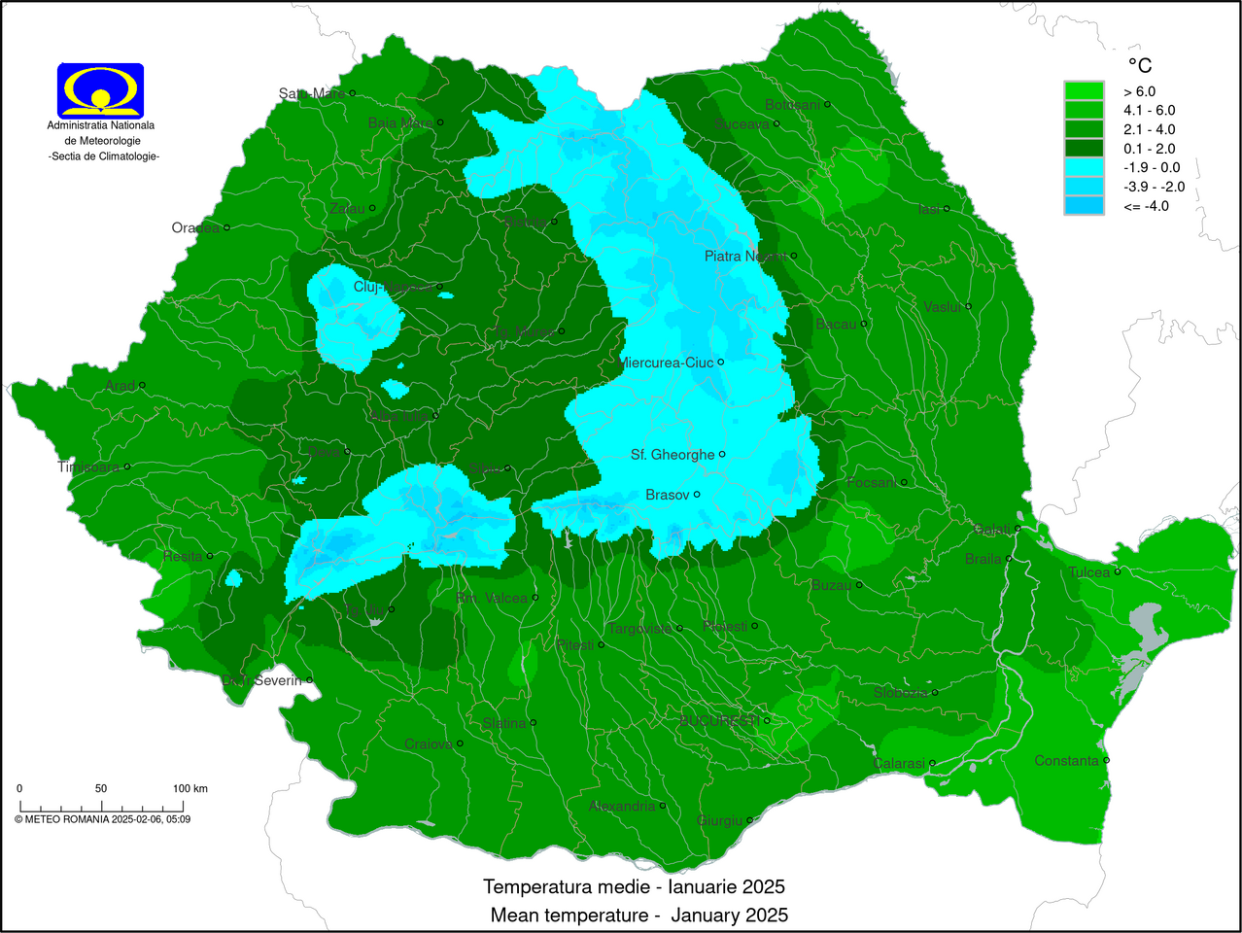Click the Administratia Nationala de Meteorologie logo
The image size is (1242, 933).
click(x=101, y=90)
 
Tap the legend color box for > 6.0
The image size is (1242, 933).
click(x=1084, y=91)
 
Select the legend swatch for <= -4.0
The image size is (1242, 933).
click(x=1084, y=206)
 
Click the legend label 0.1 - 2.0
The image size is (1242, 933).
click(x=1149, y=149)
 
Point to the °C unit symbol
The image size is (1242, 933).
click(x=1139, y=65)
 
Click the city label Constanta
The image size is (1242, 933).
click(x=1066, y=761)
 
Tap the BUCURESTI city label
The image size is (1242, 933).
click(x=719, y=720)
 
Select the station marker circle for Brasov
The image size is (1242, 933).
click(x=697, y=495)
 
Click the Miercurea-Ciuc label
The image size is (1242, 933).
click(x=666, y=363)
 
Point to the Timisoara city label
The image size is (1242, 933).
click(x=88, y=467)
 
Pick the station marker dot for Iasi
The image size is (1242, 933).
click(x=947, y=209)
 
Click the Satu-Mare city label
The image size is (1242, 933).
click(x=312, y=94)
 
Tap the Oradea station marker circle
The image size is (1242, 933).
click(x=226, y=227)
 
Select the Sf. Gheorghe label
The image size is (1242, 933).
click(x=673, y=455)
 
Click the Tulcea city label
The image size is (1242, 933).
click(x=1089, y=572)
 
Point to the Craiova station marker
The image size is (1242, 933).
click(x=460, y=743)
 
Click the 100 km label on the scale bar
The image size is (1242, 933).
click(x=190, y=788)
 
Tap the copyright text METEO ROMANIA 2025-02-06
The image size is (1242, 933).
click(x=102, y=819)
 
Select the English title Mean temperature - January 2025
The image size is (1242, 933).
click(x=638, y=916)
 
